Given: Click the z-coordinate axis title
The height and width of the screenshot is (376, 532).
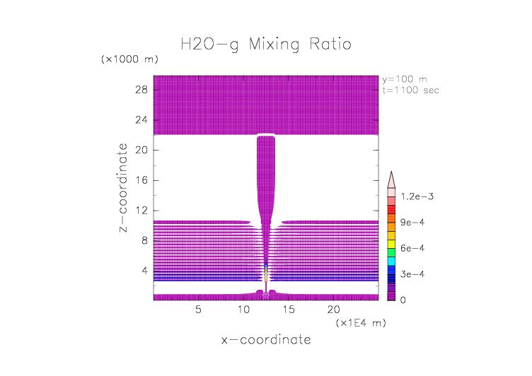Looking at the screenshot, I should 124,188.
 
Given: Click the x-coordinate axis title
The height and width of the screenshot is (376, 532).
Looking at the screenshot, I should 265,340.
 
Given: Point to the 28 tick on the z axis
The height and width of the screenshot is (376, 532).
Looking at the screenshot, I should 140,90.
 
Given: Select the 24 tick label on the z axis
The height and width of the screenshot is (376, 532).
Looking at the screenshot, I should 140,120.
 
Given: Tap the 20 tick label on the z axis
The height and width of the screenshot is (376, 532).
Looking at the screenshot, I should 140,150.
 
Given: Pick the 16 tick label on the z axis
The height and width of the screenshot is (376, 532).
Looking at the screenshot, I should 140,180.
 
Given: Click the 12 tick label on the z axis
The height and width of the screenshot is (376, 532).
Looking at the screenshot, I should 140,210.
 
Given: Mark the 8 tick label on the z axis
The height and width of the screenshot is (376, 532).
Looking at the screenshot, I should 143,240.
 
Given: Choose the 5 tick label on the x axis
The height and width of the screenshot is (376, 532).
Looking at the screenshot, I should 198,310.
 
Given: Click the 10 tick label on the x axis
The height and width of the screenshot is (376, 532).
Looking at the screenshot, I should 243,310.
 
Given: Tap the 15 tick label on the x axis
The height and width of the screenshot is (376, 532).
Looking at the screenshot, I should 289,310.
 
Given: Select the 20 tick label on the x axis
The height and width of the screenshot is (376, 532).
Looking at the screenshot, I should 333,310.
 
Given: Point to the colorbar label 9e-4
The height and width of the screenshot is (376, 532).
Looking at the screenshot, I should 413,223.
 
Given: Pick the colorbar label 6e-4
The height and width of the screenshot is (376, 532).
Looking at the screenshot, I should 413,249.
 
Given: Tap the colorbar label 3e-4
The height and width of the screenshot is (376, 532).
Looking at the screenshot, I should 413,274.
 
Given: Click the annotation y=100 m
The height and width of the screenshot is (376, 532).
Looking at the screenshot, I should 405,79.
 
